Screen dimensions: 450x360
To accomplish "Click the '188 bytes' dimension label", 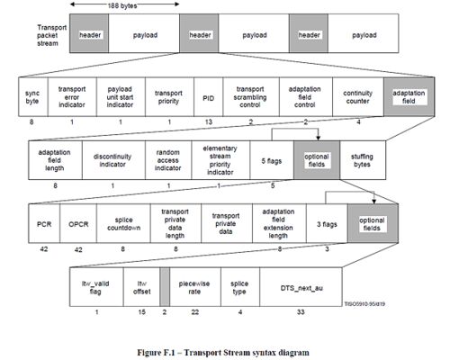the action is coord(122,6).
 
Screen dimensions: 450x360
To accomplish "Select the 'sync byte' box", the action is coord(33,97).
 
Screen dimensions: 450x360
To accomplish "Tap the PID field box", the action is coord(208,97).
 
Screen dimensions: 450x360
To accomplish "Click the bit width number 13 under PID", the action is coord(209,121).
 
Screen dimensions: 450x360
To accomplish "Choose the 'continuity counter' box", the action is coord(358,97).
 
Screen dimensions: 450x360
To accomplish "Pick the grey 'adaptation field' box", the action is coord(409,97).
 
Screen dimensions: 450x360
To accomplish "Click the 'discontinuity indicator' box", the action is coord(113,160).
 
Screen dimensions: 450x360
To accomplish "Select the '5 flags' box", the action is coord(272,160).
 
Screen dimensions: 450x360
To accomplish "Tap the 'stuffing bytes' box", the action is coord(363,160).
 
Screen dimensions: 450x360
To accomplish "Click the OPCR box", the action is coord(78,223).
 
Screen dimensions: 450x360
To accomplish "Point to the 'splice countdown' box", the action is coord(123,223).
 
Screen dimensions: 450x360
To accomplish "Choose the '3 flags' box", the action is coord(327,223).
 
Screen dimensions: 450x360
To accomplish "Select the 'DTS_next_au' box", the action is coord(301,287).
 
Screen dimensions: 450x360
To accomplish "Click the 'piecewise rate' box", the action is coord(195,287).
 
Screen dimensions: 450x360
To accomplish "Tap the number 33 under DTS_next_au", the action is coord(301,312).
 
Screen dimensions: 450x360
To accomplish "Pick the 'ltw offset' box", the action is coord(141,287).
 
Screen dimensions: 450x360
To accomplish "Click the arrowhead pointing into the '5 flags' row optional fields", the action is coord(318,138).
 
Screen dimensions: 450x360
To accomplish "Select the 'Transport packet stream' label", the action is coord(51,35).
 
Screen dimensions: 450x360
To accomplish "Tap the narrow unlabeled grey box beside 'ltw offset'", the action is coord(165,287).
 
